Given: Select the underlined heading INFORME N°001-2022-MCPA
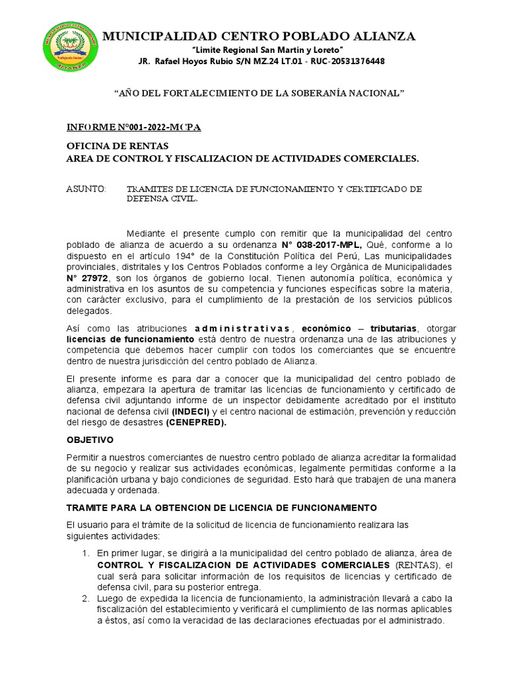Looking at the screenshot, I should [134, 127].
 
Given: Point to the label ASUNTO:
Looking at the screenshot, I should [86, 189].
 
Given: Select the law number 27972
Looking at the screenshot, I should [89, 278].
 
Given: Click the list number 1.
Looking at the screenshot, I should [85, 553].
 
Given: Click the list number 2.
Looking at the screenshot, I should [85, 598].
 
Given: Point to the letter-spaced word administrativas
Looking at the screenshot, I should [242, 329].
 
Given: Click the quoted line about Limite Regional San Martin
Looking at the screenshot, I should [267, 50].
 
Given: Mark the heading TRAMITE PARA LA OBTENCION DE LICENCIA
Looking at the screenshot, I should [222, 508].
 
